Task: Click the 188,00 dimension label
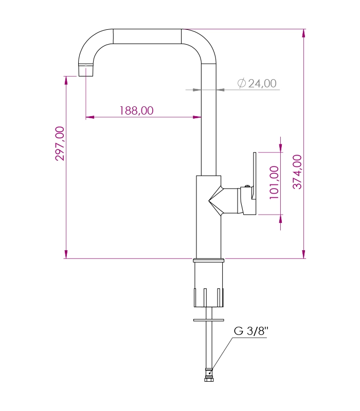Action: [x=136, y=110]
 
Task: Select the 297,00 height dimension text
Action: [x=60, y=143]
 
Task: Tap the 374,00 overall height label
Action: [x=297, y=172]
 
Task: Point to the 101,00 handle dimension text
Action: [x=274, y=182]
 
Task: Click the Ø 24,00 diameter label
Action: [x=257, y=83]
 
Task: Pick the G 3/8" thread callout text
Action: [x=251, y=331]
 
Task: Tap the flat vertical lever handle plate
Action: [x=255, y=176]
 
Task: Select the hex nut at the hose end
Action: [x=209, y=379]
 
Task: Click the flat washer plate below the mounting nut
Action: [x=209, y=320]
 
